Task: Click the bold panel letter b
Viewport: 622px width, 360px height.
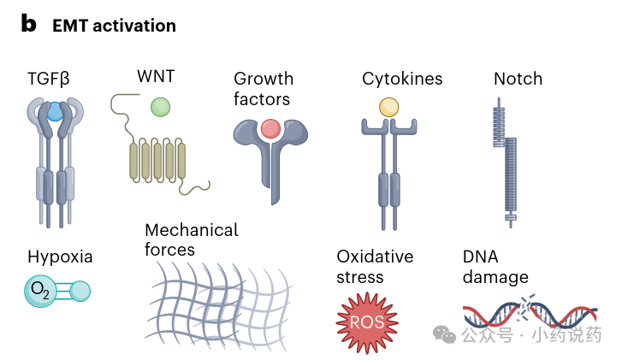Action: (28, 23)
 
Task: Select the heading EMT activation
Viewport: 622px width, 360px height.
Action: (115, 26)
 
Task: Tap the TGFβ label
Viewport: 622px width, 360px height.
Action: (49, 79)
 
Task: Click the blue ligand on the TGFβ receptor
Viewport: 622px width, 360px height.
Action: (55, 111)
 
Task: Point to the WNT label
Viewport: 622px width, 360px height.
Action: (156, 76)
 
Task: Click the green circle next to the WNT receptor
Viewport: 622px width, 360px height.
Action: (161, 107)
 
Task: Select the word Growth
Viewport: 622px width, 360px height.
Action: (264, 79)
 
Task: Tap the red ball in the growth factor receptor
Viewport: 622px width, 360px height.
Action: (271, 129)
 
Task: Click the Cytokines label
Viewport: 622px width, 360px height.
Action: (402, 79)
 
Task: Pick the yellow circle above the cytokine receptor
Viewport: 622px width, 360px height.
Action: (388, 107)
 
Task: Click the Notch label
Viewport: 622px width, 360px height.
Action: (518, 79)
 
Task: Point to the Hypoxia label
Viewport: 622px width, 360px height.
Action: (60, 257)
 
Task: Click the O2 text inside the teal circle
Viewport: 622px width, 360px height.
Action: (40, 290)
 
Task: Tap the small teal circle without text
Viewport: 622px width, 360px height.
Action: (80, 291)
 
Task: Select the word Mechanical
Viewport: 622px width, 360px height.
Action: (191, 230)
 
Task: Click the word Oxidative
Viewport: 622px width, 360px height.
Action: (375, 257)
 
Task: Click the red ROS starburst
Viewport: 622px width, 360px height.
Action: (367, 322)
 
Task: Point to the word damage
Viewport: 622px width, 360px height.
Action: (495, 277)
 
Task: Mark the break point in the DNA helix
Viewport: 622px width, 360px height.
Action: (526, 306)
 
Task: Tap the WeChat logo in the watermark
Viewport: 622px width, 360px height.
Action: (444, 334)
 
